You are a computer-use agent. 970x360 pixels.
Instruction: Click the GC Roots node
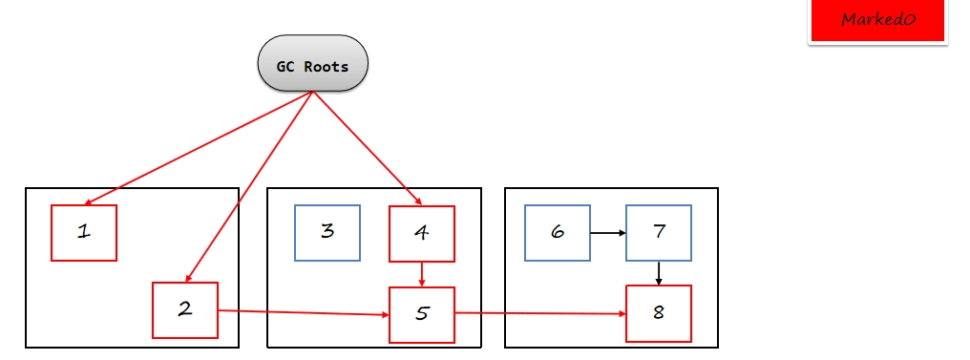(x=312, y=64)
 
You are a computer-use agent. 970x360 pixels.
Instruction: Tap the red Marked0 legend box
(x=877, y=20)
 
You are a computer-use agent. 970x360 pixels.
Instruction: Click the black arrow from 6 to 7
(x=608, y=233)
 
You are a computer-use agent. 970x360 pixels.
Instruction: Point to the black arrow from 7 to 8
(x=659, y=273)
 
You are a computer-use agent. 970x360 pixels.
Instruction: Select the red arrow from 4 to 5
(x=422, y=274)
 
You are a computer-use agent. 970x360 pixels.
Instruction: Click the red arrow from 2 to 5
(x=304, y=313)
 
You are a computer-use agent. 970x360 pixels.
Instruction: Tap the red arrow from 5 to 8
(x=540, y=313)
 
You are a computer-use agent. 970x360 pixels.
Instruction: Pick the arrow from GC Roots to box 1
(x=199, y=148)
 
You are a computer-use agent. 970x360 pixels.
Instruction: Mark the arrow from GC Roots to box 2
(x=249, y=187)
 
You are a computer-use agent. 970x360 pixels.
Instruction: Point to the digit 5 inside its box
(x=421, y=313)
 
